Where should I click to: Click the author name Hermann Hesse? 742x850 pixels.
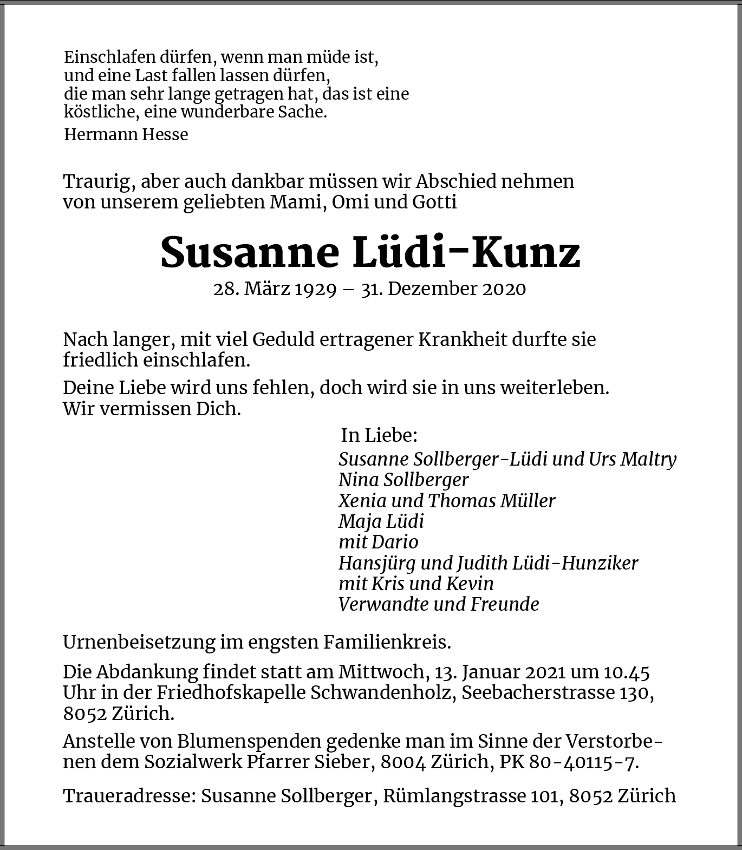pos(126,134)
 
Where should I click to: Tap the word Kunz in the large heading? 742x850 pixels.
pos(525,253)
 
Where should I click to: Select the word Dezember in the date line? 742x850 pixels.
pos(430,289)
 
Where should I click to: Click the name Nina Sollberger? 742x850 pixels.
pos(403,480)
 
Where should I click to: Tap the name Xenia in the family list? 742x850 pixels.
pos(360,500)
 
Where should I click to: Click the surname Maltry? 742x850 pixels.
pos(648,459)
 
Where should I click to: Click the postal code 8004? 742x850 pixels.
pos(403,762)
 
